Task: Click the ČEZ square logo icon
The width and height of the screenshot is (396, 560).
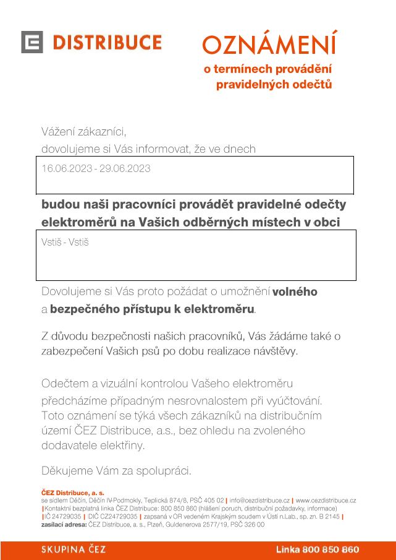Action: tap(32, 42)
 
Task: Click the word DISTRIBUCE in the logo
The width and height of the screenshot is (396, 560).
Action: tap(107, 42)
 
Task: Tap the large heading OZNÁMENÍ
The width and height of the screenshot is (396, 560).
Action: tap(269, 44)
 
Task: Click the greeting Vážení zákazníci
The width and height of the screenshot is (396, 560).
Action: tap(83, 131)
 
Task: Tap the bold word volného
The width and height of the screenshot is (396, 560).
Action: tap(295, 291)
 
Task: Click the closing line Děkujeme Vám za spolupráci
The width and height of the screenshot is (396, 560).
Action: tap(116, 470)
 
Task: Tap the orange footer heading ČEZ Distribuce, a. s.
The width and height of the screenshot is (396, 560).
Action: tap(72, 493)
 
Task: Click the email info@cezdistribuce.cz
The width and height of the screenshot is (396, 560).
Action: tap(259, 500)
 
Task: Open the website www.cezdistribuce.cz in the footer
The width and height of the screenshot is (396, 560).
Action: tap(326, 500)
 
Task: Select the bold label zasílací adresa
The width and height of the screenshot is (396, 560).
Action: tap(64, 524)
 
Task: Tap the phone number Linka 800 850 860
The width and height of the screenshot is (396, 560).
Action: tap(317, 549)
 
